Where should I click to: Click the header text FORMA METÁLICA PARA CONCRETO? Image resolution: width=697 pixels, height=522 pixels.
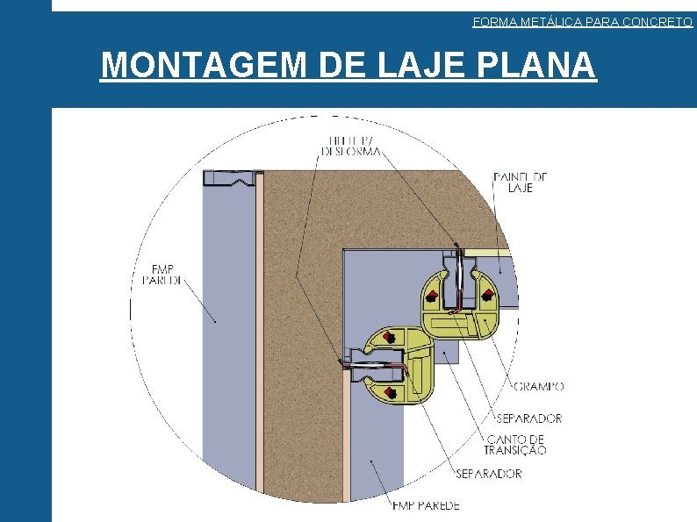[x=582, y=22]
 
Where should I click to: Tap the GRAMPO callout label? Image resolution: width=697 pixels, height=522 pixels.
[x=538, y=386]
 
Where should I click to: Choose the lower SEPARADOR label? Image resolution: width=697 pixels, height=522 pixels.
[x=488, y=474]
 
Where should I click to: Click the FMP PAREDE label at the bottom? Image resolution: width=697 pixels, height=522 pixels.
[x=426, y=505]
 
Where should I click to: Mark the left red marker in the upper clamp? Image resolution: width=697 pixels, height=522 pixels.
[x=433, y=295]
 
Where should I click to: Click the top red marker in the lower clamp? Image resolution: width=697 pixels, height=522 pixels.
[x=388, y=336]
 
